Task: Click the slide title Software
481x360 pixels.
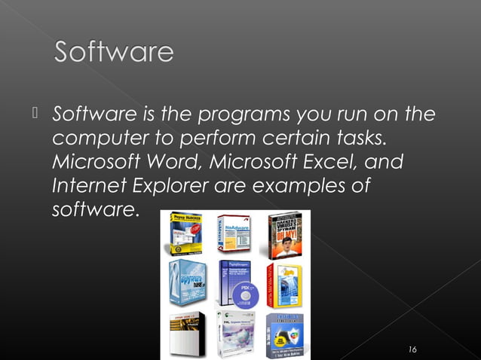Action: (114, 53)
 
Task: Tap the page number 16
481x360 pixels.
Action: (412, 349)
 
